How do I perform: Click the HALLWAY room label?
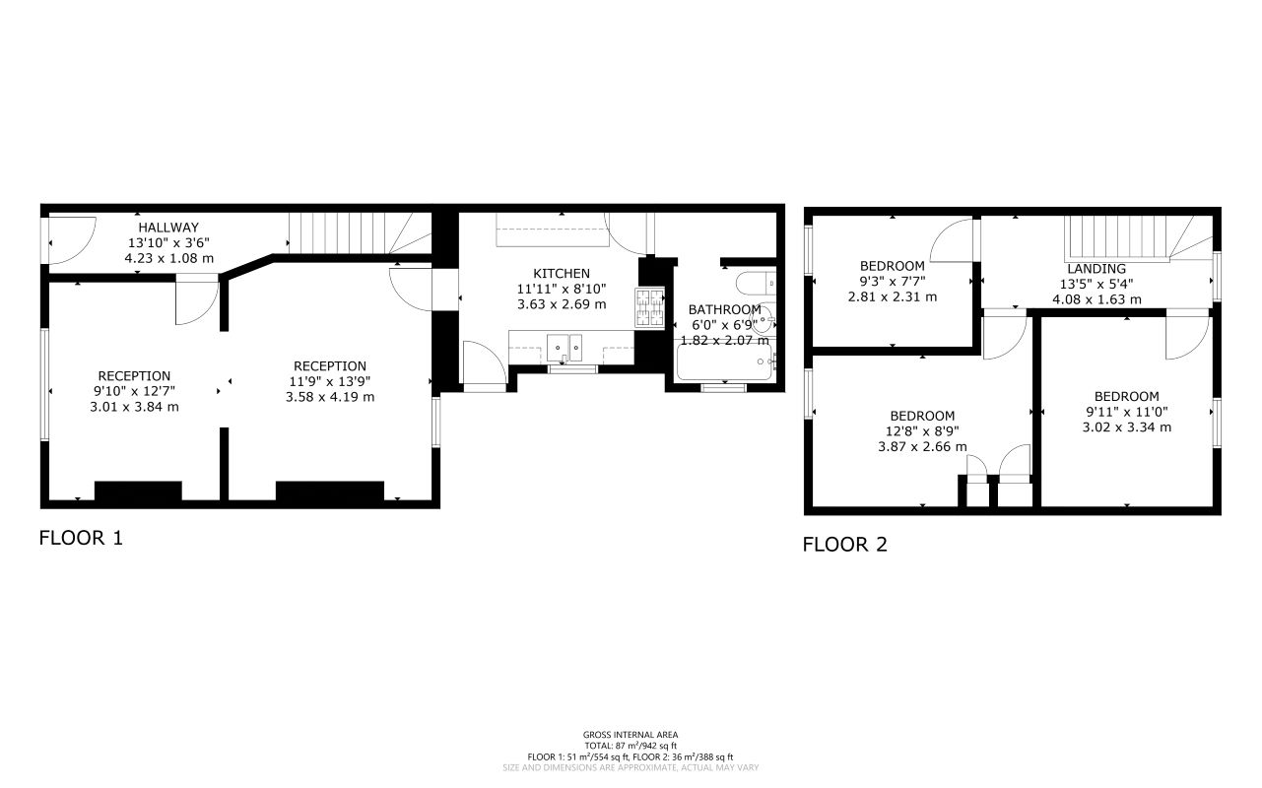tap(167, 227)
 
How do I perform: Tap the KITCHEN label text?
tap(562, 274)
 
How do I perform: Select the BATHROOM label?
tap(724, 309)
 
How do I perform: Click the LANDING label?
tap(1096, 269)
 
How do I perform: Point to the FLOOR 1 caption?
tap(81, 538)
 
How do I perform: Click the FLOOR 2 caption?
tap(844, 544)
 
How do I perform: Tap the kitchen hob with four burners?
tap(649, 307)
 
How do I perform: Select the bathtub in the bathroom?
tap(725, 362)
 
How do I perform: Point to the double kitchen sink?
tap(566, 346)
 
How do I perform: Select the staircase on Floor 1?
tap(360, 233)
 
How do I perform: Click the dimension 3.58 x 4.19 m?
tap(330, 397)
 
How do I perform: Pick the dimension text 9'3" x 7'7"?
tap(893, 281)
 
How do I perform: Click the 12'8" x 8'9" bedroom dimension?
tap(922, 430)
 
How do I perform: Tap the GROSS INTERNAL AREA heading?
tap(631, 735)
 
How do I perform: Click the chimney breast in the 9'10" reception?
tap(138, 491)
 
